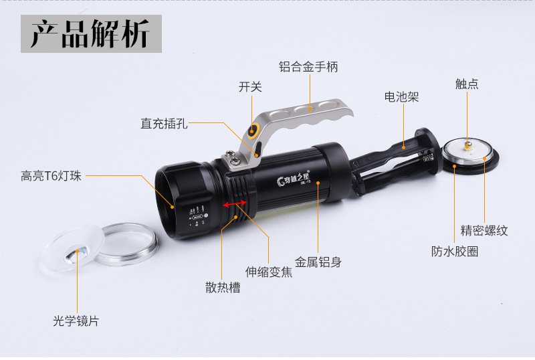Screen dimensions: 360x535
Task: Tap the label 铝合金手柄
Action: [x=308, y=67]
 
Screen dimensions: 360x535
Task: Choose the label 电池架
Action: [x=401, y=97]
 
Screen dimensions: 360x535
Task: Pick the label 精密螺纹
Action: [x=484, y=231]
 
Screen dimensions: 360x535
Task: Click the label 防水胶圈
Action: [x=455, y=252]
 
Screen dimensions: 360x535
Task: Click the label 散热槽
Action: [x=223, y=288]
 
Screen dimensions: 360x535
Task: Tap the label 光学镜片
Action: [x=76, y=321]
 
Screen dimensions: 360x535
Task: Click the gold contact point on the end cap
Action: [x=467, y=145]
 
